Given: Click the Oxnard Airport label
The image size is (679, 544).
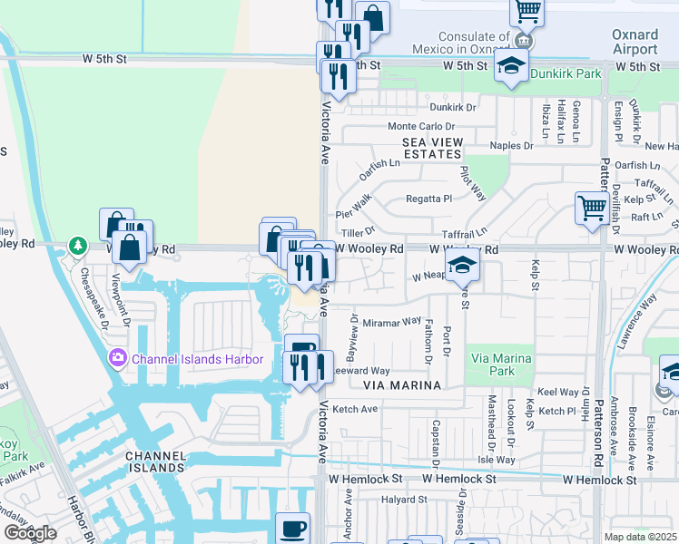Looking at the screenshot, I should pos(635,42).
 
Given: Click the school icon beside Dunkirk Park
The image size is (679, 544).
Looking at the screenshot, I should pos(512,66).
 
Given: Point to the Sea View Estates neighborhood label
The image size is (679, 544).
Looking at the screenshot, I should pos(433,149).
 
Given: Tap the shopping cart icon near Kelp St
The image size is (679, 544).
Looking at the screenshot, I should pos(592,207).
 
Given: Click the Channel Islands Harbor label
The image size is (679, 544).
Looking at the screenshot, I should pos(197,359).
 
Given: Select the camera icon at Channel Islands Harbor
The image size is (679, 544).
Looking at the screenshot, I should pos(117,359).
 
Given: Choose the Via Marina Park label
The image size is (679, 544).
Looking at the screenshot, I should pos(499,364).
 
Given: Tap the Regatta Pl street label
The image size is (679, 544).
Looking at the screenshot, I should pos(428,199).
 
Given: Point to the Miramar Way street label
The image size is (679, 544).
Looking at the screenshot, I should pos(392,322).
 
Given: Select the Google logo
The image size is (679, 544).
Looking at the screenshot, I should pos(29,533).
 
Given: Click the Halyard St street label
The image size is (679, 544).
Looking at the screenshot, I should pos(403,500).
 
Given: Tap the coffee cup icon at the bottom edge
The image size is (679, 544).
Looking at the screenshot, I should pos(292,528).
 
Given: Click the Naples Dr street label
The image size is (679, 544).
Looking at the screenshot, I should pos(511,145).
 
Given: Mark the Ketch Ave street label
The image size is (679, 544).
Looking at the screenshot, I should pos(355,409).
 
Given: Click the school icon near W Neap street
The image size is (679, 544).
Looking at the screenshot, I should pos(462,267).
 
